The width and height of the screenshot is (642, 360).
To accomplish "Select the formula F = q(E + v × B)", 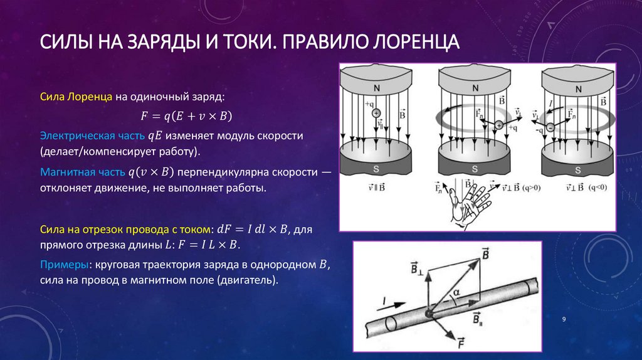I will [186, 116].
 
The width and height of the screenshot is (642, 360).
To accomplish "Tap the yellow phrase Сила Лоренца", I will [76, 97].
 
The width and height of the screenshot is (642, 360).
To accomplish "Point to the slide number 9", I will [564, 320].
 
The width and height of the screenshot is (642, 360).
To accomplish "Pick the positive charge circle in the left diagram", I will [376, 113].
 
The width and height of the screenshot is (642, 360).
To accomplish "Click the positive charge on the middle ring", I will [499, 125].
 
